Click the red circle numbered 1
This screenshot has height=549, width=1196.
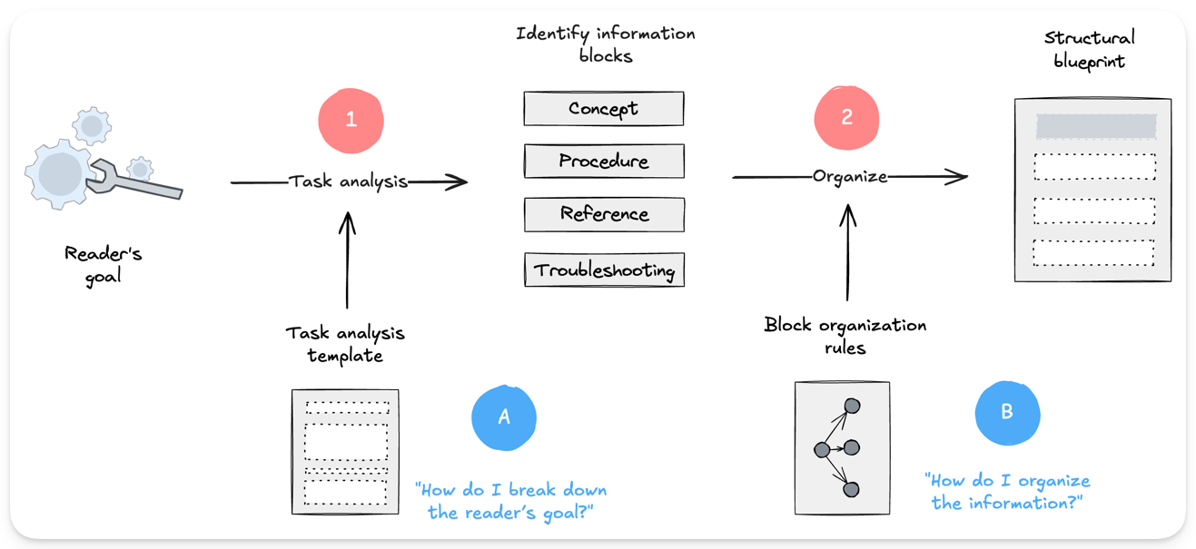pyautogui.click(x=351, y=120)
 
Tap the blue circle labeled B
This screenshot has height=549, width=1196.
pyautogui.click(x=1006, y=412)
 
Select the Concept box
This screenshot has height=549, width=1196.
pyautogui.click(x=603, y=109)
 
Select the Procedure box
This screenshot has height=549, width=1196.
pyautogui.click(x=603, y=162)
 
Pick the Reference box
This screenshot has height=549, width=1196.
pyautogui.click(x=603, y=215)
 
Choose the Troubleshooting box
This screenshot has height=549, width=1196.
pyautogui.click(x=603, y=270)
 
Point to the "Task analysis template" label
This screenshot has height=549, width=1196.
pyautogui.click(x=345, y=344)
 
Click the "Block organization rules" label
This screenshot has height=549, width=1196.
pyautogui.click(x=845, y=336)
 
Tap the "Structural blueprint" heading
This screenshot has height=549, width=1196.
pyautogui.click(x=1089, y=50)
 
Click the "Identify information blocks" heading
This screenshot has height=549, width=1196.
pyautogui.click(x=605, y=44)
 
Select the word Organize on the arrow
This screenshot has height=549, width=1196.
pyautogui.click(x=849, y=177)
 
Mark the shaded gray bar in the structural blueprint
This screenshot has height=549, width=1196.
pyautogui.click(x=1095, y=126)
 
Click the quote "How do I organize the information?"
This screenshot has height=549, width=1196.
pyautogui.click(x=1007, y=491)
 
